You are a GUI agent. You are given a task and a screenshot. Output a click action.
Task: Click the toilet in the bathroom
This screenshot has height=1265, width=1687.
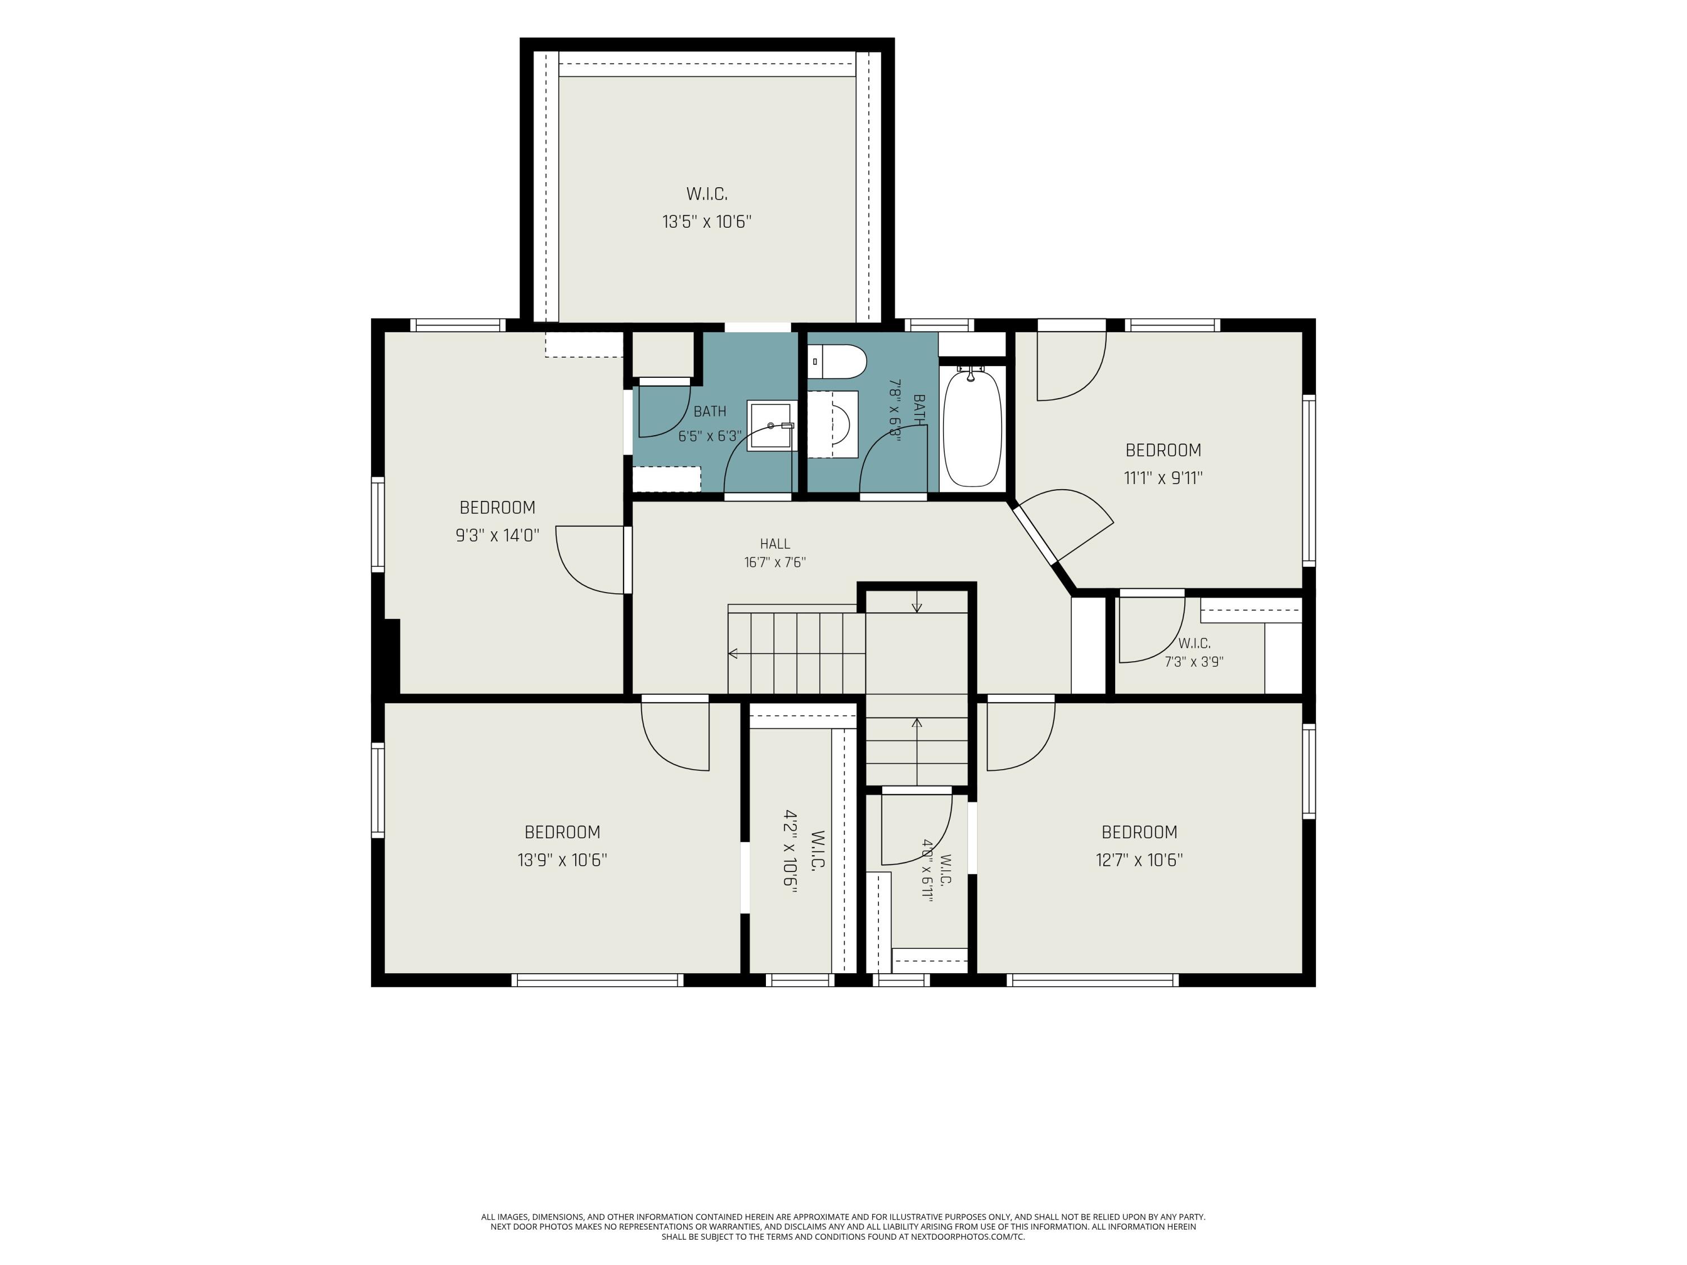pos(837,362)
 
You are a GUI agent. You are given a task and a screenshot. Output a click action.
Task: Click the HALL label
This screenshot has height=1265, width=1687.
pos(775,544)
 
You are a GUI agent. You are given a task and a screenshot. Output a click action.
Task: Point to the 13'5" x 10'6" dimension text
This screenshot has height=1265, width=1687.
pos(707,222)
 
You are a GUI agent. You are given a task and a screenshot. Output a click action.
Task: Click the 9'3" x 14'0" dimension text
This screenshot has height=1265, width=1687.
pos(497,535)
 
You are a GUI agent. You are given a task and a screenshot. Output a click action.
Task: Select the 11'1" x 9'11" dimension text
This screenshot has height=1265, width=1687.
pos(1163,478)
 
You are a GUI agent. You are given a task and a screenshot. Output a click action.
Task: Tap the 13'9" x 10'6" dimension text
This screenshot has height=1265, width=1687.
pos(562,860)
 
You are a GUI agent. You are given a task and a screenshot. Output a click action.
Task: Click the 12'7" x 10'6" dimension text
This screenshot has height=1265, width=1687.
pos(1139,860)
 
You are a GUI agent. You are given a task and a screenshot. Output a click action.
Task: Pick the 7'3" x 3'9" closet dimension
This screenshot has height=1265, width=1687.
pos(1194,662)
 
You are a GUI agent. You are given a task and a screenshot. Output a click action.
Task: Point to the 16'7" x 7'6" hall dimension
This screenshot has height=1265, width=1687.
pos(775,563)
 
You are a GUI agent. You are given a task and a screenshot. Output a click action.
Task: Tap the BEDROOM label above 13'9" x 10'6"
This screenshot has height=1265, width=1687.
pos(562,832)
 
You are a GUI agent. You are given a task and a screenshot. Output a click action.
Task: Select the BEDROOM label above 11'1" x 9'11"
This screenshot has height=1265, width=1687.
pos(1163,450)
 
